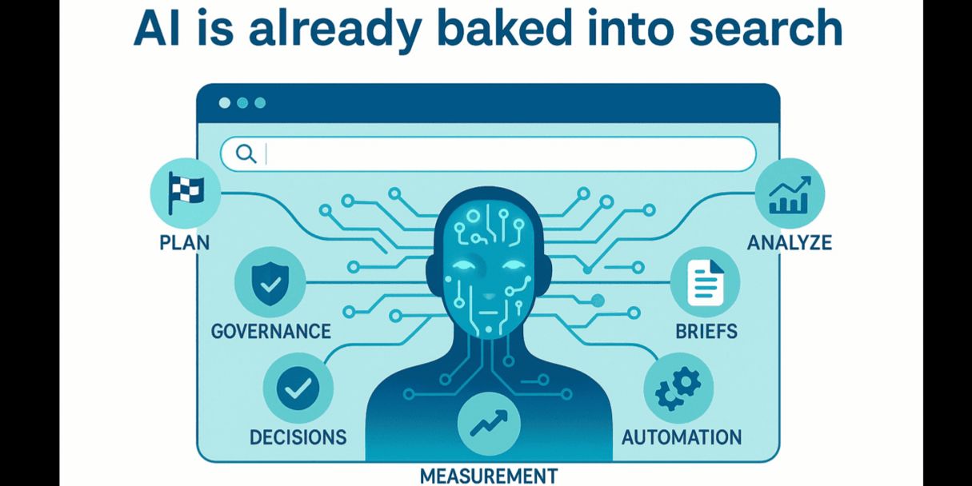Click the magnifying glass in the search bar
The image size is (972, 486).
(246, 153)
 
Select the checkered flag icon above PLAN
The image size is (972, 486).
(185, 192)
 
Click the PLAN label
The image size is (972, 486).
(185, 242)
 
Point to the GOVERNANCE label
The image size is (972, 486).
(270, 330)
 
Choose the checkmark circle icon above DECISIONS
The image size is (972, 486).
(297, 389)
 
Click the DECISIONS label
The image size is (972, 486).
(298, 437)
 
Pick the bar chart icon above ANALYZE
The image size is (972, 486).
(790, 194)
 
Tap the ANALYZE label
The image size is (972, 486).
(790, 242)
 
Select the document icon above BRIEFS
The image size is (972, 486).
(705, 281)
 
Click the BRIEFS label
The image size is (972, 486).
(705, 330)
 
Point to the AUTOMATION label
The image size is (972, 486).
(682, 437)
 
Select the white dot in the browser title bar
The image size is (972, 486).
(224, 103)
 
